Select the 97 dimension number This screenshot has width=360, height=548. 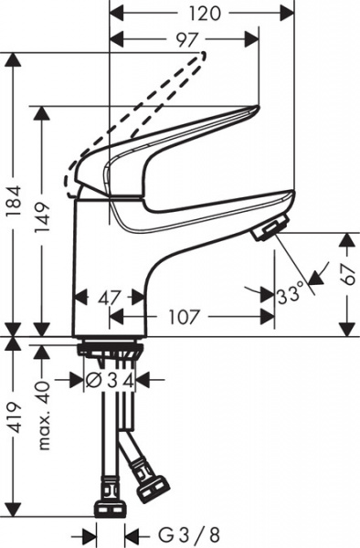tap(183, 38)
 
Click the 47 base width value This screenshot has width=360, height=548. tap(109, 297)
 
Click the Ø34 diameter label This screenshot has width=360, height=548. tap(111, 378)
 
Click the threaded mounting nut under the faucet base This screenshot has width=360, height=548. tap(109, 348)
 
